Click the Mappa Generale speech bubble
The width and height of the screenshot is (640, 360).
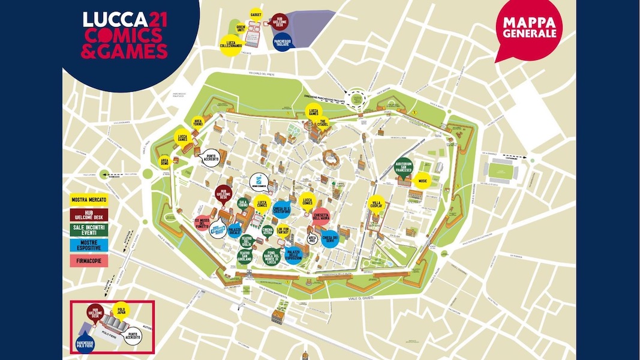(x=528, y=29)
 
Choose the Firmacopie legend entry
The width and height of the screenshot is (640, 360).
(x=86, y=260)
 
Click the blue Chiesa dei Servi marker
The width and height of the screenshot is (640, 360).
(x=332, y=239)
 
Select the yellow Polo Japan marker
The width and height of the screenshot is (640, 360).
(x=121, y=310)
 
